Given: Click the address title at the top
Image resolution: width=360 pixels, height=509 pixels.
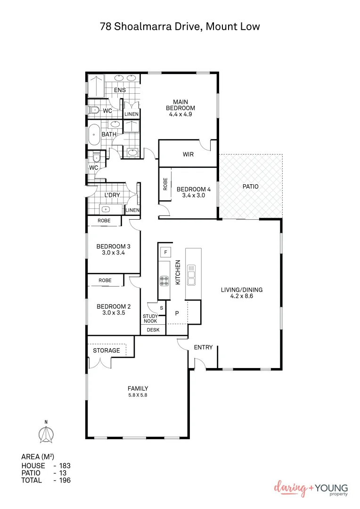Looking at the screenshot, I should [x=180, y=26].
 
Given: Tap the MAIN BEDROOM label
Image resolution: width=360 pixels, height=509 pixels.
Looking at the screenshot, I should [x=180, y=105].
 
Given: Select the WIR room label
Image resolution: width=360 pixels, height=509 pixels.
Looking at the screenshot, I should [x=188, y=154].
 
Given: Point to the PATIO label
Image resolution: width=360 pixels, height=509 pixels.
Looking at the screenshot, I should [x=250, y=186].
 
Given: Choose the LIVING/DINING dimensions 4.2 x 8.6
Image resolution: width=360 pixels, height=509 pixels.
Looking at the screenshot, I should [x=241, y=296].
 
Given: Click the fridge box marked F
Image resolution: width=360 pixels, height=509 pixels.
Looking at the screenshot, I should [x=165, y=252].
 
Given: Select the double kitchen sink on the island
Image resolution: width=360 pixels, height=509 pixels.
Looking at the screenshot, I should [x=191, y=275].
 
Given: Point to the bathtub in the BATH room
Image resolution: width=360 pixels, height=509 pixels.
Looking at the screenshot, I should [x=94, y=134].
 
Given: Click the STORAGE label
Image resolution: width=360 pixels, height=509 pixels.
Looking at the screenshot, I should [x=106, y=350].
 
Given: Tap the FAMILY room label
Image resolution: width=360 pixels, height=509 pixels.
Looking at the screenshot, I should [x=138, y=388].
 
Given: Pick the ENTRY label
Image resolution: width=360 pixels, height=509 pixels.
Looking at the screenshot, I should [x=203, y=347].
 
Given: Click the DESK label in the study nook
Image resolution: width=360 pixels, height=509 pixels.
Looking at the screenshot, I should [x=153, y=330].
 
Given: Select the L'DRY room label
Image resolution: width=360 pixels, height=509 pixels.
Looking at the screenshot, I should [x=112, y=194].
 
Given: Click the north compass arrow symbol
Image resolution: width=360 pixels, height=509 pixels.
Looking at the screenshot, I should [x=46, y=434].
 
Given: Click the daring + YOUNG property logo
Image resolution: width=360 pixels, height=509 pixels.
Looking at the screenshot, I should [x=311, y=489].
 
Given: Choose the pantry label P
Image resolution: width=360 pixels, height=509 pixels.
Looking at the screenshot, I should [x=178, y=312].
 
